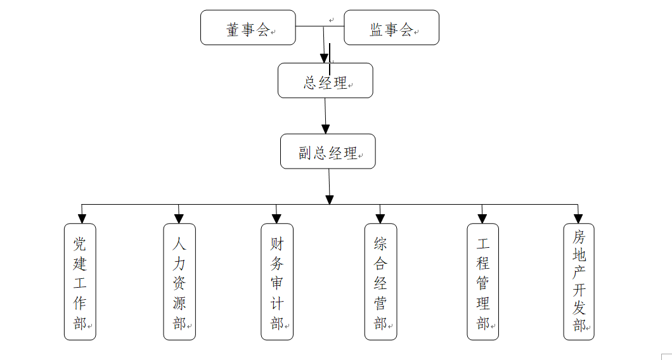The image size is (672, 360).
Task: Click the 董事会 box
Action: [248, 28]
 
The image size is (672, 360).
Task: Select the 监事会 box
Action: [391, 28]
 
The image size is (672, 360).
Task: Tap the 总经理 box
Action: [325, 80]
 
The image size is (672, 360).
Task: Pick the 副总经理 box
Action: [328, 151]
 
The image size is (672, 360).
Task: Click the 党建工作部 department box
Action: [80, 281]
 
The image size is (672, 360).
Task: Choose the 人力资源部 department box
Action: [179, 281]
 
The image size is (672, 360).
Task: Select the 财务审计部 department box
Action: [277, 281]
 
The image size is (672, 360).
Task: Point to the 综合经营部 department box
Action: [381, 281]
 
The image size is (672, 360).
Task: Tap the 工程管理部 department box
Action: [483, 281]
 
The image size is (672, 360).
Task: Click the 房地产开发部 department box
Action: [579, 281]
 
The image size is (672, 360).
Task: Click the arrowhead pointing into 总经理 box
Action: [325, 58]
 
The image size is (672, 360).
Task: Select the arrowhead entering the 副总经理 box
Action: [326, 129]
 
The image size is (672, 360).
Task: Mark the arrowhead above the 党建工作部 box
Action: [81, 219]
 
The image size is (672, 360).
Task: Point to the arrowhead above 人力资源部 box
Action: [179, 219]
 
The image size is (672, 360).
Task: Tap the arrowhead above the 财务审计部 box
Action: [277, 219]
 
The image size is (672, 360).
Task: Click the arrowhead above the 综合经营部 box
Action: [380, 219]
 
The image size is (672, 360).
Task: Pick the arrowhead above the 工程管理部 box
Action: [482, 219]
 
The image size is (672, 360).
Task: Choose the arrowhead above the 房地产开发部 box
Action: [578, 219]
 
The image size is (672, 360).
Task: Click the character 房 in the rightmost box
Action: [579, 237]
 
